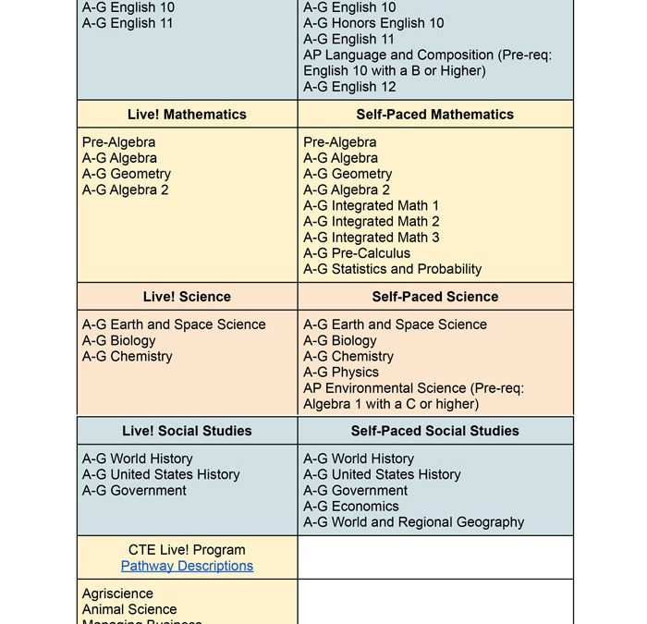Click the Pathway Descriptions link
coord(187,566)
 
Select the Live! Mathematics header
coord(187,115)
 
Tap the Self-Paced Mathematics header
coord(435,115)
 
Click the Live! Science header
coord(187,297)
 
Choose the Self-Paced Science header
coord(435,297)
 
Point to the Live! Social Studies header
coord(187,431)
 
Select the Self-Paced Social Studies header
coord(435,431)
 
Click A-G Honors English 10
coord(373,23)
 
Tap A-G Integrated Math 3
coord(372,238)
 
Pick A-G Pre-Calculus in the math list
coord(357,253)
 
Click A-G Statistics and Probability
coord(393,269)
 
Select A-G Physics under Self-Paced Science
coord(341,373)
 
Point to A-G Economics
coord(351,507)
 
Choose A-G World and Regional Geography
coord(414,522)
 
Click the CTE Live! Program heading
coord(187,550)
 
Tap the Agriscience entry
coord(117,593)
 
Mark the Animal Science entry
coord(129,609)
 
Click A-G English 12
coord(349,87)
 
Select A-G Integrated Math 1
coord(372,206)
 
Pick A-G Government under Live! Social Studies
coord(134,491)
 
